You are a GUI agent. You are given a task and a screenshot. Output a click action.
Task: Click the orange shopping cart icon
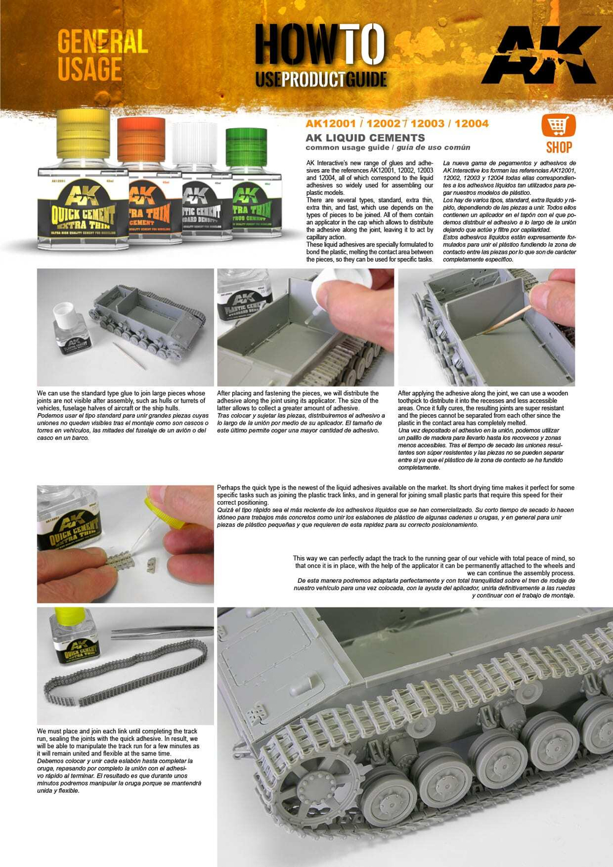(558, 126)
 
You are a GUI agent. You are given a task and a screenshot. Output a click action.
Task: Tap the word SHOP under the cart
(558, 148)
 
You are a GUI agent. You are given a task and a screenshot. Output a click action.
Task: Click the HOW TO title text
(320, 46)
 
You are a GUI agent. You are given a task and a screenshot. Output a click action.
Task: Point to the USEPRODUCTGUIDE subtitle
(321, 79)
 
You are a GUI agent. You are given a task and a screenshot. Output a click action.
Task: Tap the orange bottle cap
(141, 140)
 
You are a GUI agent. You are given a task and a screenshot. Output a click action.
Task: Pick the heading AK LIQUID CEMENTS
(365, 138)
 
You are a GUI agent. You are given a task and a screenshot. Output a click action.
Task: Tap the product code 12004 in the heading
(471, 124)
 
